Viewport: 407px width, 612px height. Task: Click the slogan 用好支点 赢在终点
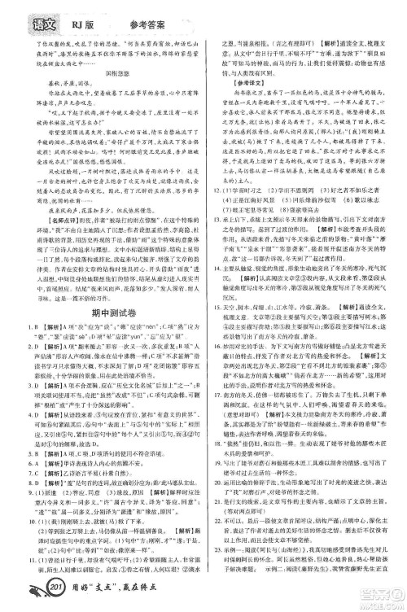[x=111, y=600]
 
